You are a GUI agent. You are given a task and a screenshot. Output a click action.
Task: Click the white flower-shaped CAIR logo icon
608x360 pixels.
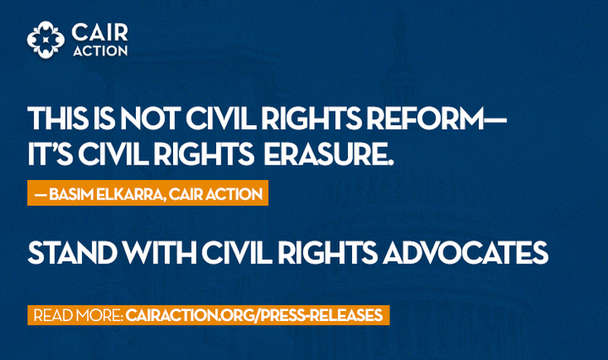click(46, 40)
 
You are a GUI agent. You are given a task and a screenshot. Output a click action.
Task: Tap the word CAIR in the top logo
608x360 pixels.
click(100, 32)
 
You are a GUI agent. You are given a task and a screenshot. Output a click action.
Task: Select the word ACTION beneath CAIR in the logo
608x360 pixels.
click(100, 51)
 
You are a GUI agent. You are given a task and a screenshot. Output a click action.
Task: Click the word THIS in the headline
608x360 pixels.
click(58, 118)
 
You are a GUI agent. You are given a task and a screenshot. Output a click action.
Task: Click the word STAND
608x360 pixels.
click(73, 253)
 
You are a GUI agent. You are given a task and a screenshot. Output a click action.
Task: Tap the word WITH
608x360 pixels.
click(160, 253)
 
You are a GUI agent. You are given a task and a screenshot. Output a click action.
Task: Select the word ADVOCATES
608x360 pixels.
click(465, 253)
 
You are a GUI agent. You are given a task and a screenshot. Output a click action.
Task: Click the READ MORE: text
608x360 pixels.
click(79, 315)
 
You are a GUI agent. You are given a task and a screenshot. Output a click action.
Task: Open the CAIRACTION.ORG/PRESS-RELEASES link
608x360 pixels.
click(254, 315)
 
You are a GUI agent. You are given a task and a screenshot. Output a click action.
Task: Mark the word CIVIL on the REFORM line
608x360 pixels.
click(220, 118)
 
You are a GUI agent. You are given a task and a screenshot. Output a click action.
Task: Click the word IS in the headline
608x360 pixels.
click(104, 118)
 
